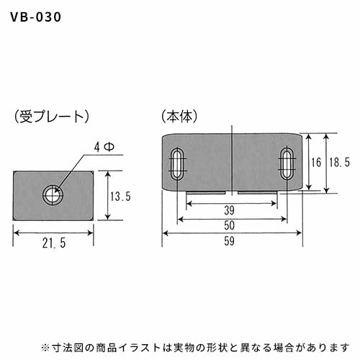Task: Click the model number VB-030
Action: (35, 17)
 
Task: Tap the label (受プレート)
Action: (52, 117)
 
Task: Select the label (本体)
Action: (180, 117)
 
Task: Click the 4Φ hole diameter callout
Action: (104, 147)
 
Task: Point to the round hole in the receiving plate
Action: (53, 194)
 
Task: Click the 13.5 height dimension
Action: (120, 197)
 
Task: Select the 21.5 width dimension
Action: (54, 243)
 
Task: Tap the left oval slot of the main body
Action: (178, 164)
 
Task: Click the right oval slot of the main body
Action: (287, 163)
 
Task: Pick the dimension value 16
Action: (316, 163)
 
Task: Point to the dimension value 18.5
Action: (339, 163)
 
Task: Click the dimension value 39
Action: (229, 210)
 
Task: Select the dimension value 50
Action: (229, 225)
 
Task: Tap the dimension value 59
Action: (229, 241)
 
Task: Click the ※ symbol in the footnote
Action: (45, 347)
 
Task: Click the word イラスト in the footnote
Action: (140, 347)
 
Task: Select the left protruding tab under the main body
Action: (206, 192)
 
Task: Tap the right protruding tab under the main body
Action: (258, 192)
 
